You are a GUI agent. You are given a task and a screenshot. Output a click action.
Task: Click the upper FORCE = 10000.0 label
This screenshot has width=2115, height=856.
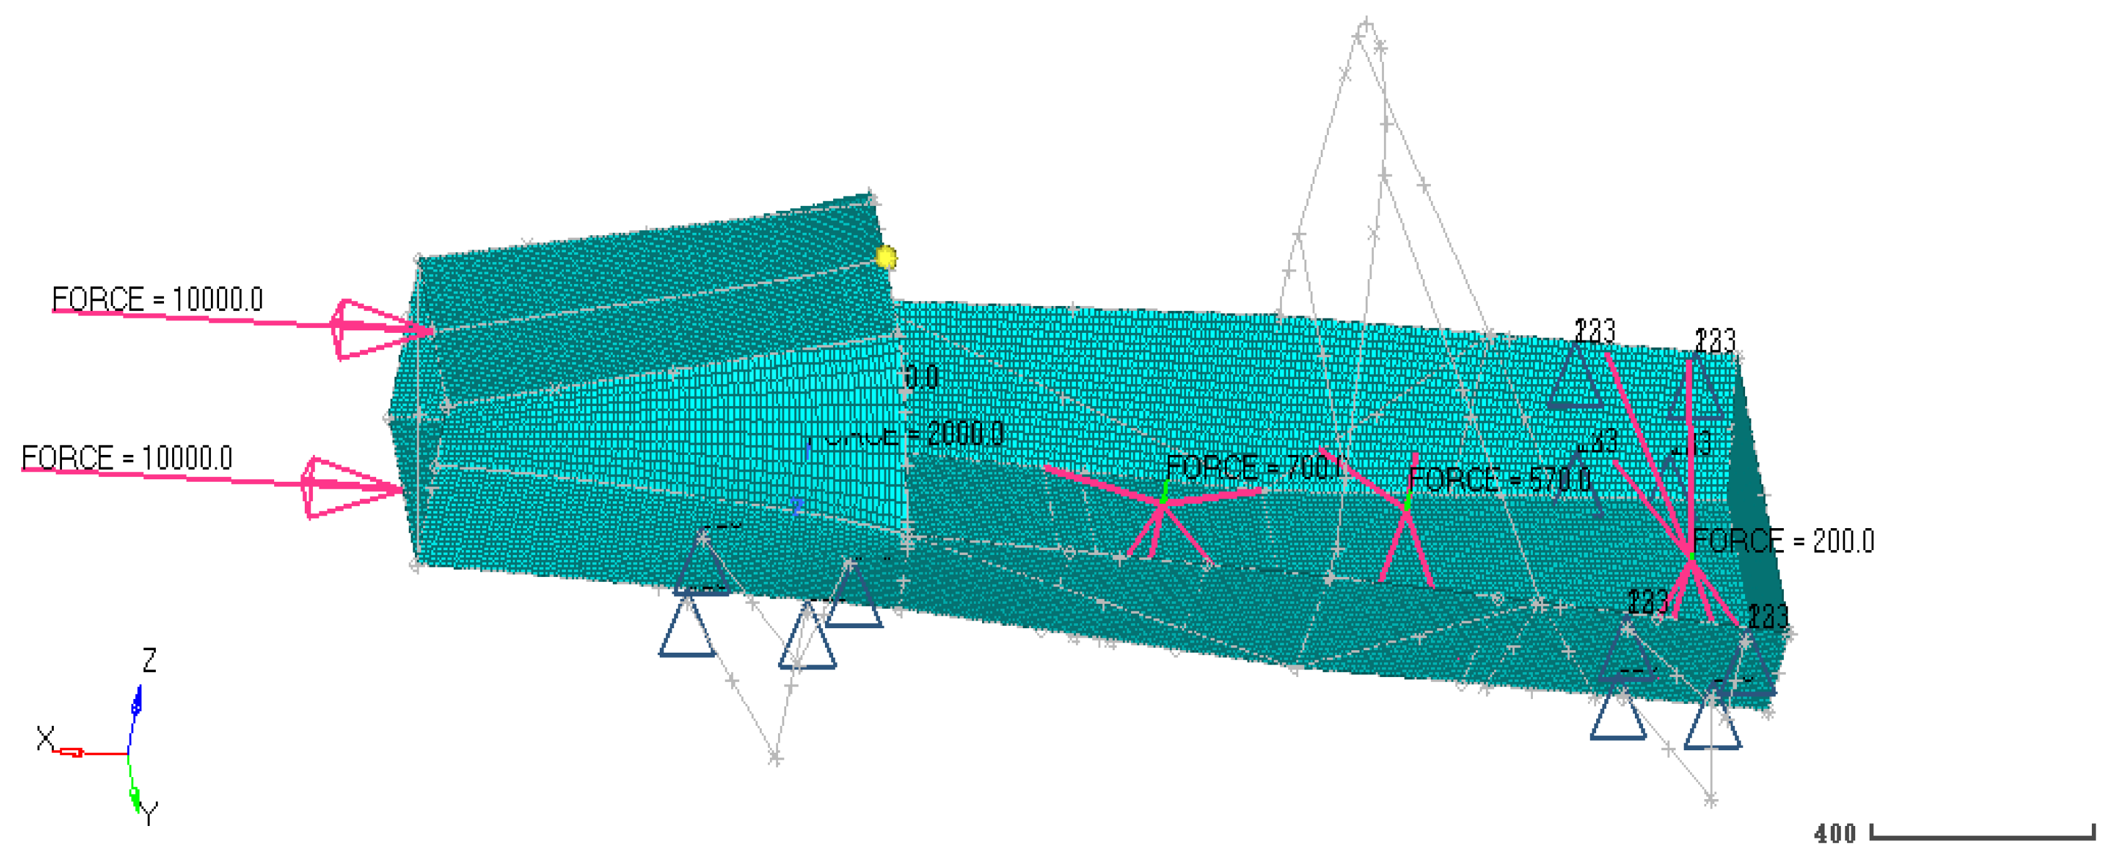click(x=157, y=300)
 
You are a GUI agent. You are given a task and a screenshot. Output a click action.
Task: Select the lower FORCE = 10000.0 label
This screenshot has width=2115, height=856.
click(x=126, y=458)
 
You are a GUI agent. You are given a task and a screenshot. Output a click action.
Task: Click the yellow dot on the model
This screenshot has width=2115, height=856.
click(x=886, y=258)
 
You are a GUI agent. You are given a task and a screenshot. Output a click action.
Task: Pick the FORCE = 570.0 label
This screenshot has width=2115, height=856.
click(x=1499, y=479)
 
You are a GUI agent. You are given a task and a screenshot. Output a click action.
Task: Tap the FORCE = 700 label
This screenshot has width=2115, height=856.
click(x=1252, y=468)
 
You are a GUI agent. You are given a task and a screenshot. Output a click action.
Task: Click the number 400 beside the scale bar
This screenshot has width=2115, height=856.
click(x=1835, y=834)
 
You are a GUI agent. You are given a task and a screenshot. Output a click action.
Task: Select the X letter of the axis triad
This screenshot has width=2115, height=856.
click(x=45, y=738)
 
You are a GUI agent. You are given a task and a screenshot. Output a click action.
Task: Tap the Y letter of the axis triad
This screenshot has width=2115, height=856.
click(x=148, y=814)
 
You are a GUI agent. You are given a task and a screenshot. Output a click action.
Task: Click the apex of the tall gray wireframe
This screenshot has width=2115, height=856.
click(x=1365, y=24)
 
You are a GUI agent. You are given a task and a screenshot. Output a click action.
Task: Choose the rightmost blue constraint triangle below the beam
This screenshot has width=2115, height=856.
click(x=1712, y=722)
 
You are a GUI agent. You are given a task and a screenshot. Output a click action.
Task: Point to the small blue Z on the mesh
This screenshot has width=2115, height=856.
click(x=796, y=506)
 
